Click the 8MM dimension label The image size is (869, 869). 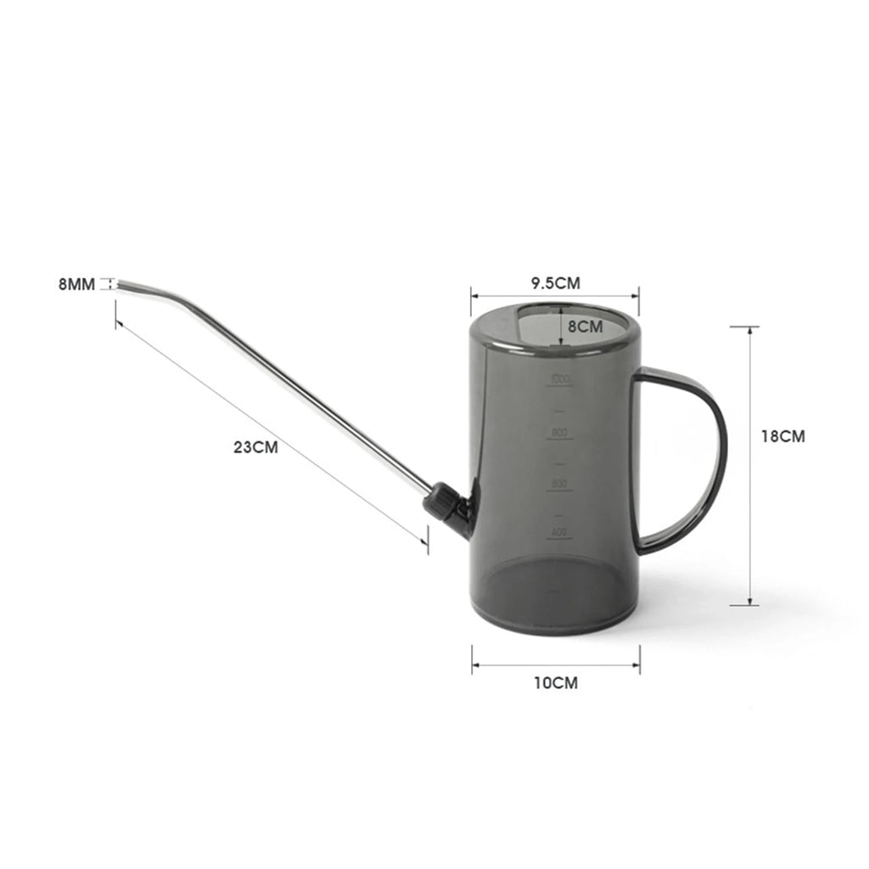(76, 284)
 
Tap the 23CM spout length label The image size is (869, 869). (255, 447)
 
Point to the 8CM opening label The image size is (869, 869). (585, 325)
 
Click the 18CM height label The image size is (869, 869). (782, 436)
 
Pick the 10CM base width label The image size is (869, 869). (556, 682)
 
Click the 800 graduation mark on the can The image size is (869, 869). (558, 434)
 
